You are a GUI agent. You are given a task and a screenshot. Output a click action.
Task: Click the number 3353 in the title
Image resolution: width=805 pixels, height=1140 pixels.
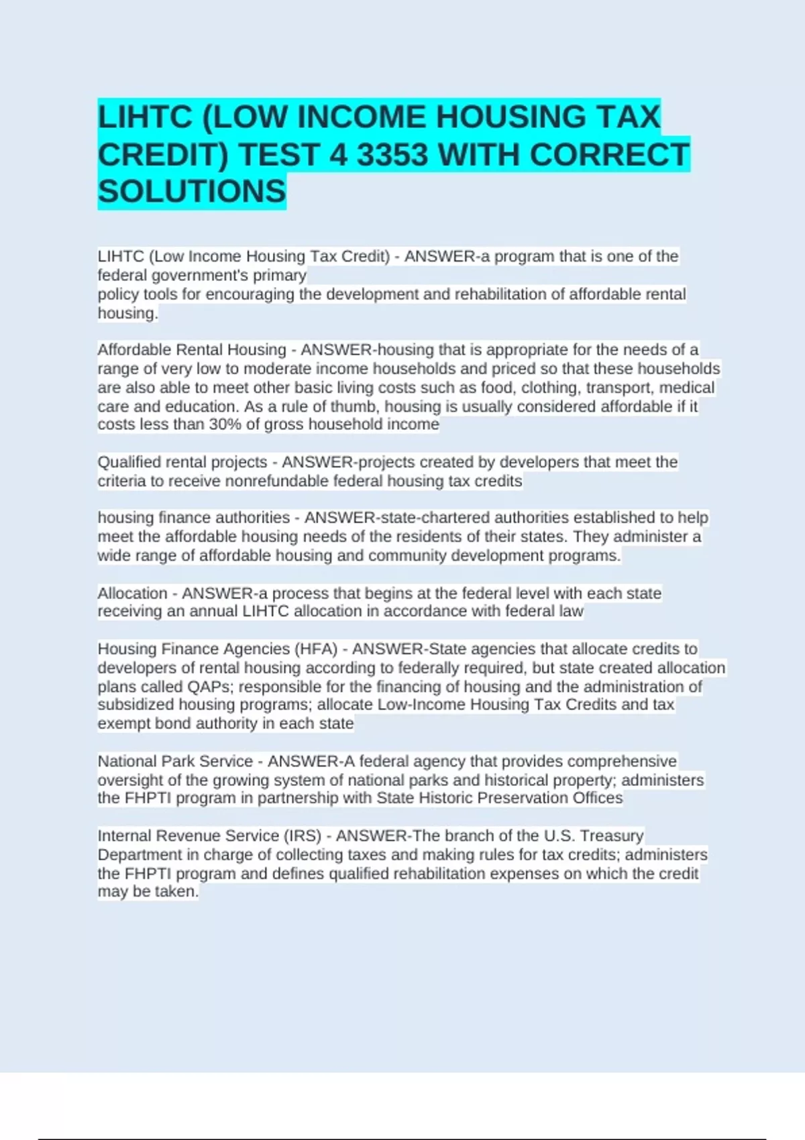click(392, 155)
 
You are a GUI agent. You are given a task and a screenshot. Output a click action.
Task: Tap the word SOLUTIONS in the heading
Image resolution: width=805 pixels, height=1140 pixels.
click(192, 192)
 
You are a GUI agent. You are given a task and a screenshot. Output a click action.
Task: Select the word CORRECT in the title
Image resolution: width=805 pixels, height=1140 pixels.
click(608, 155)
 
